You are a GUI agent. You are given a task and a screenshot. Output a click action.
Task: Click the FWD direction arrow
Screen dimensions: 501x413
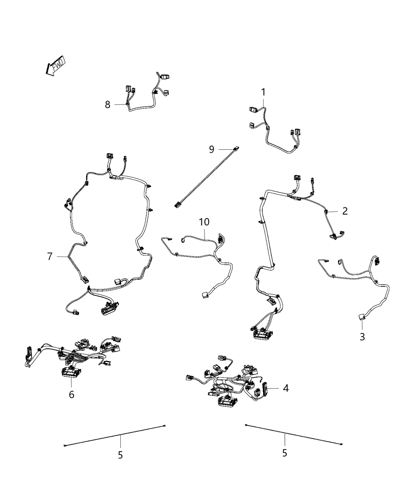tap(55, 66)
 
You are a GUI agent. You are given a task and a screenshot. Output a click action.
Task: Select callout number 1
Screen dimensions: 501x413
tap(263, 92)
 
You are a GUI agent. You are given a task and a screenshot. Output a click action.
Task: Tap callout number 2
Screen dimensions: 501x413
tap(345, 211)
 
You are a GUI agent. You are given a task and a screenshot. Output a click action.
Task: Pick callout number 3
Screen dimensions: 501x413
tap(362, 336)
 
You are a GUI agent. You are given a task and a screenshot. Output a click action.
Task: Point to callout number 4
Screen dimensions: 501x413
tap(286, 388)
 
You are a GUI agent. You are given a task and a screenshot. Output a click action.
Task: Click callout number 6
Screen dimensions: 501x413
tap(71, 394)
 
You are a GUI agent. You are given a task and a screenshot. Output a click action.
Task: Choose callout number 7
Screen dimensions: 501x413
tap(50, 256)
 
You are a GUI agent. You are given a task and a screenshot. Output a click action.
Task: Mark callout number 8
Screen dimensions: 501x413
tap(107, 105)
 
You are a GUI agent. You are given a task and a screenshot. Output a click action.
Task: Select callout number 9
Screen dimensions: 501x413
tap(211, 149)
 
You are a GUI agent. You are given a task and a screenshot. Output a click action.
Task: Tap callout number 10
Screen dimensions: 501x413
tap(204, 222)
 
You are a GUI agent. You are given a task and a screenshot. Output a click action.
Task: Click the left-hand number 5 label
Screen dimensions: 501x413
tap(120, 455)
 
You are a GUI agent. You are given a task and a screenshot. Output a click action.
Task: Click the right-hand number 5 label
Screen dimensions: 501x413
tap(284, 453)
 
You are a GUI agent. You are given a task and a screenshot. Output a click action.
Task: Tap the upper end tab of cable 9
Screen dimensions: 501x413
tap(236, 148)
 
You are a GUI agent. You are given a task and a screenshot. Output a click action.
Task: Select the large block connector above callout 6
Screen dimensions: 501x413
tap(71, 372)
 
